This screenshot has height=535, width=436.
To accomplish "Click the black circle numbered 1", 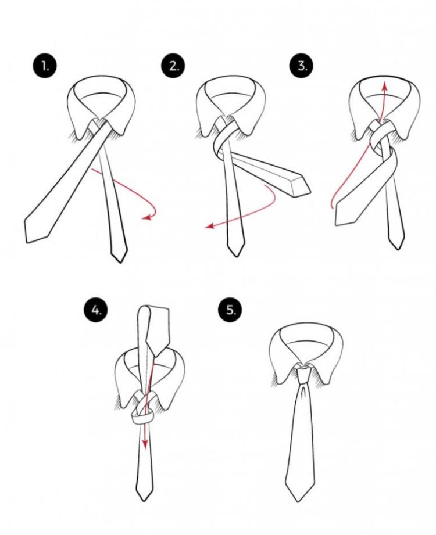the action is pos(45,66).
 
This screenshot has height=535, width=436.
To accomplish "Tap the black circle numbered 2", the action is pos(173,66).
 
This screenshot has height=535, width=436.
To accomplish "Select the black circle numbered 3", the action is pos(302,65).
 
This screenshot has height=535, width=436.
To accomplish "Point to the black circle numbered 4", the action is pos(95,310).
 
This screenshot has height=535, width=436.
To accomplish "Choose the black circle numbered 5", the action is pos(230,310).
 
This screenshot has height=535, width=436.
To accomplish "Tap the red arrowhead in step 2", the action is pos(209,225).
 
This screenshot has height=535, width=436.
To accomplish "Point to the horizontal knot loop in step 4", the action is pos(142,419).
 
